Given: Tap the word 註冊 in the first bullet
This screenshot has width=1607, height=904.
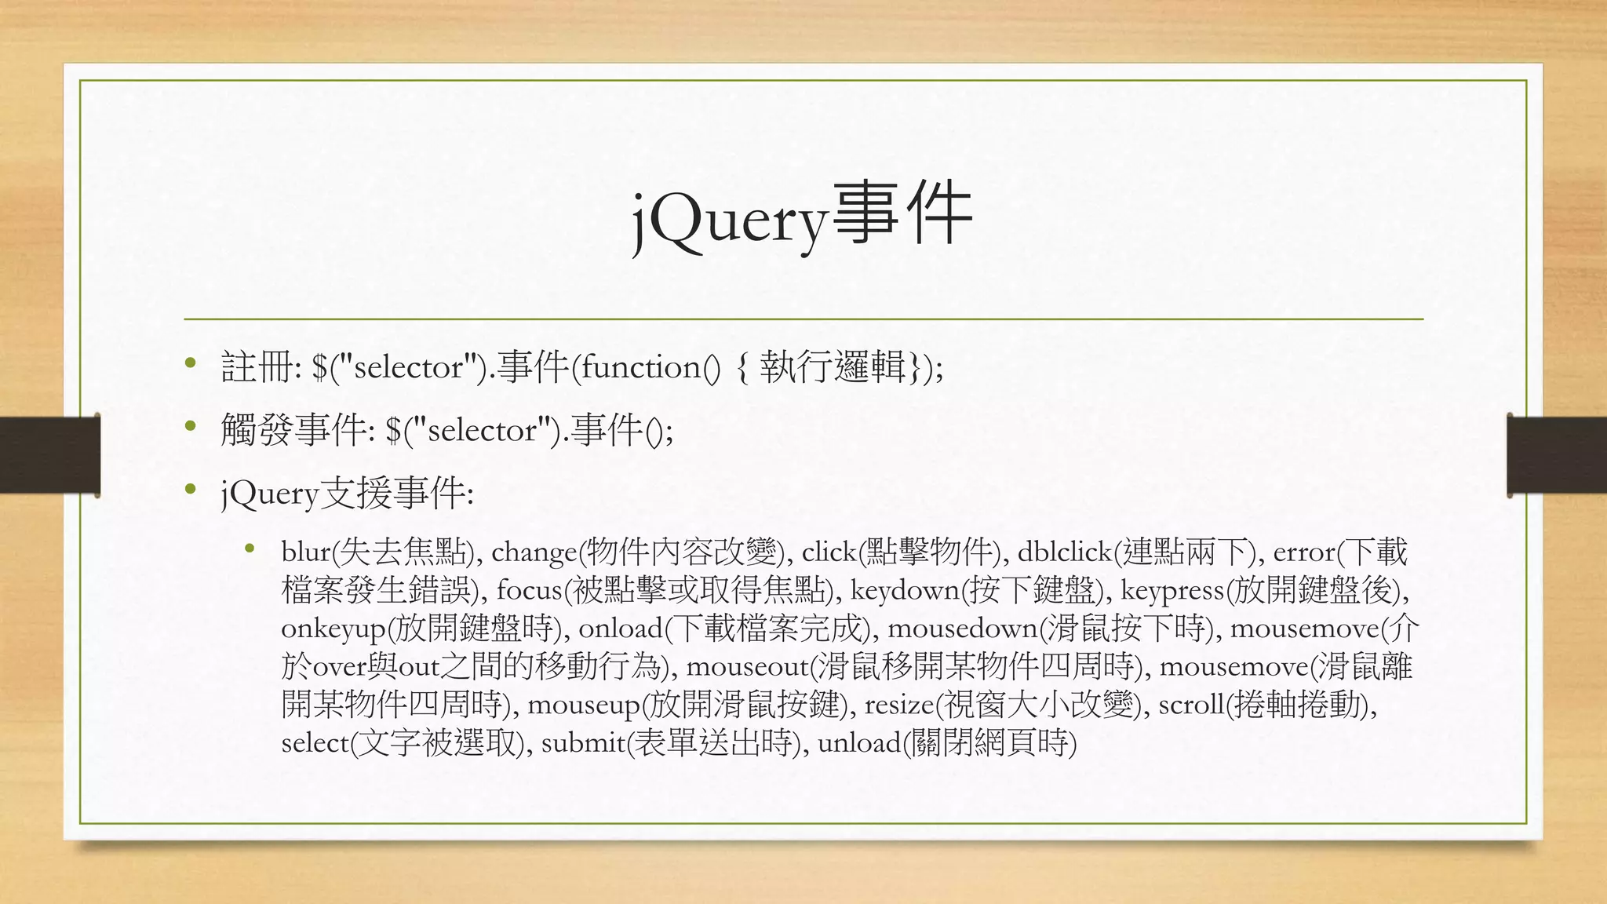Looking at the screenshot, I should (257, 367).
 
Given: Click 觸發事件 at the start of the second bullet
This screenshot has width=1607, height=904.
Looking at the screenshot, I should (293, 430).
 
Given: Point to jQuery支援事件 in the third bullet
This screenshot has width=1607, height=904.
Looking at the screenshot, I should (345, 494).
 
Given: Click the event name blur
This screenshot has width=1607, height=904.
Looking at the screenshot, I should (306, 552).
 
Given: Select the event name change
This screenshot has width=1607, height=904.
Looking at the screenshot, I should (534, 552).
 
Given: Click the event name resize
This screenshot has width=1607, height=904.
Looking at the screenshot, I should (899, 705).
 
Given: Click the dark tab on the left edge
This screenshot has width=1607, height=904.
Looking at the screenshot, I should (49, 455).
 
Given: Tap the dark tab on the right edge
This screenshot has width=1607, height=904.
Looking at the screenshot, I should (1557, 455).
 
